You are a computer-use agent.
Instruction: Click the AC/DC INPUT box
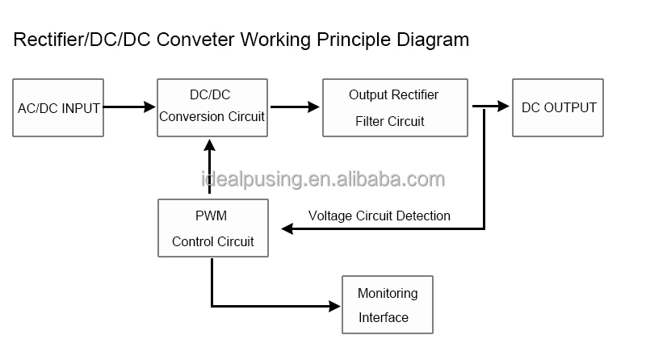pyautogui.click(x=58, y=107)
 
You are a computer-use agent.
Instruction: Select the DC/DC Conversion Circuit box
pyautogui.click(x=212, y=107)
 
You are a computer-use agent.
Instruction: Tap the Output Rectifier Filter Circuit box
pyautogui.click(x=395, y=107)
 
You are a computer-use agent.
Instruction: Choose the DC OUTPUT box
pyautogui.click(x=558, y=107)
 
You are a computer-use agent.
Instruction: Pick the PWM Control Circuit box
pyautogui.click(x=213, y=228)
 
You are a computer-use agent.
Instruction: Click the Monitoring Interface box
pyautogui.click(x=388, y=305)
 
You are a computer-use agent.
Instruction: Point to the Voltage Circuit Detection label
pyautogui.click(x=379, y=216)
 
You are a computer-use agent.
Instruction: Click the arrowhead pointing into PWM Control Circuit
pyautogui.click(x=287, y=228)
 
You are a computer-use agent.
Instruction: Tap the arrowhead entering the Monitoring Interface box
pyautogui.click(x=334, y=306)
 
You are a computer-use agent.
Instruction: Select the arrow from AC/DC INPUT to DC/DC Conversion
pyautogui.click(x=129, y=107)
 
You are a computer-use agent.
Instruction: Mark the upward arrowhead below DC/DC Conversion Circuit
pyautogui.click(x=210, y=145)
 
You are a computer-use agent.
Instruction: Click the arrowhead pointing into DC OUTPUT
pyautogui.click(x=503, y=106)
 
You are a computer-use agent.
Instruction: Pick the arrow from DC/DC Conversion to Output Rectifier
pyautogui.click(x=295, y=107)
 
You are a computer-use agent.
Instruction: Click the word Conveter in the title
pyautogui.click(x=195, y=40)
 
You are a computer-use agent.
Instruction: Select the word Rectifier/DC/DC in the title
pyautogui.click(x=82, y=40)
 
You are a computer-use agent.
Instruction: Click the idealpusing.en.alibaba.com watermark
pyautogui.click(x=323, y=179)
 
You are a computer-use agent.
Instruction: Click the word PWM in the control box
pyautogui.click(x=211, y=216)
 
